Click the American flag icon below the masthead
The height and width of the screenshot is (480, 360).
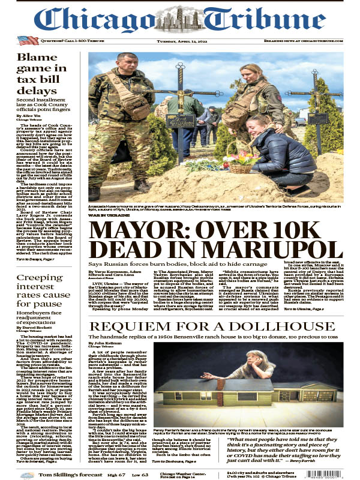click(x=28, y=40)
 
